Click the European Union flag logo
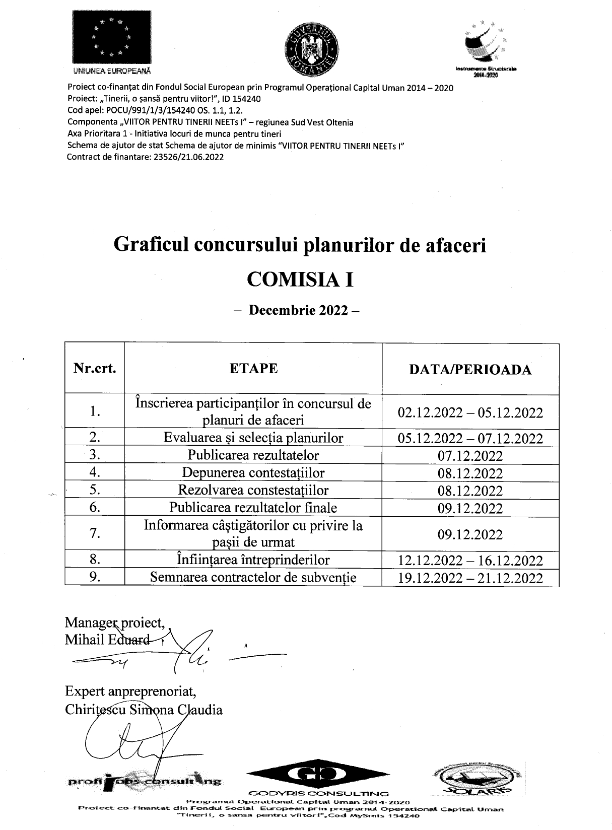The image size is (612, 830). [111, 38]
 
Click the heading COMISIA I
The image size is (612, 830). [300, 279]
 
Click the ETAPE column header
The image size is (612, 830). [253, 368]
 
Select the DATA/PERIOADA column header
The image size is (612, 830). [470, 370]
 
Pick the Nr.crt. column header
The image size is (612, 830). [95, 368]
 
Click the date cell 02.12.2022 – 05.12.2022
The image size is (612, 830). [470, 413]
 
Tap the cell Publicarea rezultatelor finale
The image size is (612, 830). [253, 507]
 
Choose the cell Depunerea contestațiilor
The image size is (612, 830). [253, 473]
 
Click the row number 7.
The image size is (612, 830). [95, 533]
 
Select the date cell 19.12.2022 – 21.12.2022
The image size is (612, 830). [470, 578]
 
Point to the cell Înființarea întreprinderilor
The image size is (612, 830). [253, 560]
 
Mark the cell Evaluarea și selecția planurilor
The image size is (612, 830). [253, 438]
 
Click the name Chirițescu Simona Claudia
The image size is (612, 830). [144, 710]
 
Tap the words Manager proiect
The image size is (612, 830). [115, 623]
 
